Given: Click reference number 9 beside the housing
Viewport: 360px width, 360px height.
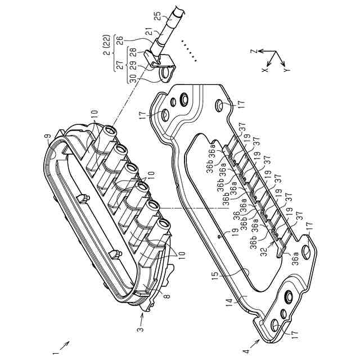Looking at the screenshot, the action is point(48,135).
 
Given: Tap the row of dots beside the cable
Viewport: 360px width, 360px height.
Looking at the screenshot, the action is point(189,49).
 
